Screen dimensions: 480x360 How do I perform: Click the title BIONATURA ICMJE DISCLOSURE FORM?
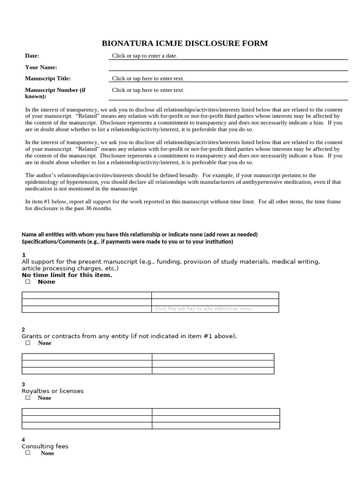tap(185, 44)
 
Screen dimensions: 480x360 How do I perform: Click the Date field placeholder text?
tap(144, 56)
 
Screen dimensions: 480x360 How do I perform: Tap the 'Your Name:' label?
tap(41, 67)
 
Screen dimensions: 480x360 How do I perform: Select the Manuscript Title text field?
tap(148, 78)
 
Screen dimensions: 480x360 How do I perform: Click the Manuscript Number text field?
tap(148, 90)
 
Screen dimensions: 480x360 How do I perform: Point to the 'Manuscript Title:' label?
tap(48, 78)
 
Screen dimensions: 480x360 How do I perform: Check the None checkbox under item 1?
tap(28, 282)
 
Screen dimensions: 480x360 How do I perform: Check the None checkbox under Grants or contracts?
tap(28, 343)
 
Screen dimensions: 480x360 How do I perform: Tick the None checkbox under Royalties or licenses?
tap(28, 397)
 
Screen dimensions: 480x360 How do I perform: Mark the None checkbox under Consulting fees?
tap(28, 453)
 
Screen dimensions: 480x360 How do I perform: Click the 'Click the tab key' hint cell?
tap(203, 308)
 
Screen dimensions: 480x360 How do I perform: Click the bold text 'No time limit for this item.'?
tap(67, 275)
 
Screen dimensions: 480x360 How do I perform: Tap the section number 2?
tap(23, 330)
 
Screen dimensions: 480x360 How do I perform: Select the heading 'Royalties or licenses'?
tap(52, 391)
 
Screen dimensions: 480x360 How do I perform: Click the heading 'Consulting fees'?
tap(45, 446)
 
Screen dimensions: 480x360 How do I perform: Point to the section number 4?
tap(23, 440)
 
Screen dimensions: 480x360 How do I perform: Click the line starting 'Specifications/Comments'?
tap(127, 241)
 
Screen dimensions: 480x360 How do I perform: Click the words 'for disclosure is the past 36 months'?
tap(69, 208)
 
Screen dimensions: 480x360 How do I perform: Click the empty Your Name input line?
tap(228, 67)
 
